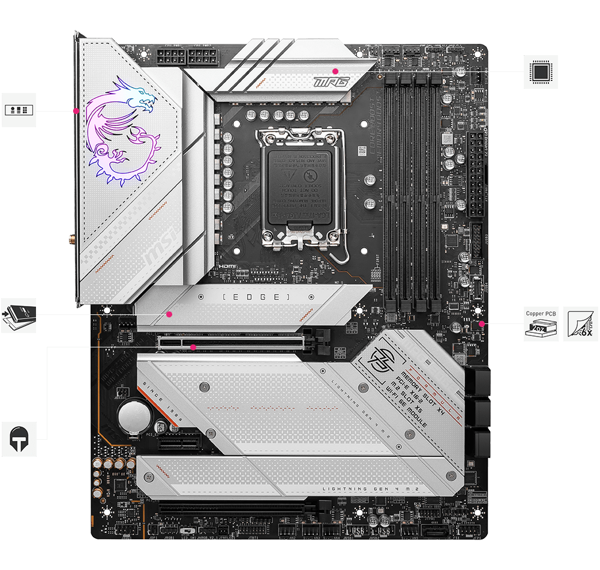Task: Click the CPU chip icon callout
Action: [x=541, y=72]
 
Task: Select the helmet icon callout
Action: [x=19, y=439]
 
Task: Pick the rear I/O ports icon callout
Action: [x=19, y=110]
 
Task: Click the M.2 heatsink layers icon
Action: [x=19, y=316]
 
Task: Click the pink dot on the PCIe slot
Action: [x=193, y=347]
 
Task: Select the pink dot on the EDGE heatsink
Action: [x=169, y=314]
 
